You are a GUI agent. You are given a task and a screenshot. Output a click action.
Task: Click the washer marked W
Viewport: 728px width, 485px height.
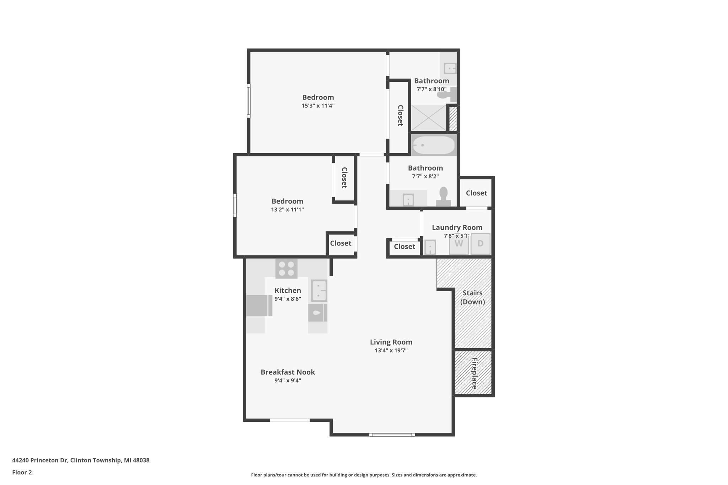coord(459,244)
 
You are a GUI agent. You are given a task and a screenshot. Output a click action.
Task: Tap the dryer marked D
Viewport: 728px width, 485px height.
coord(480,244)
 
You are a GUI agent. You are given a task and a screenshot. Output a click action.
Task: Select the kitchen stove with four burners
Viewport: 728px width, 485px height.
coord(286,269)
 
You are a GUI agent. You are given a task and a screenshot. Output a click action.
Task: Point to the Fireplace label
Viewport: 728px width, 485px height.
coord(474,373)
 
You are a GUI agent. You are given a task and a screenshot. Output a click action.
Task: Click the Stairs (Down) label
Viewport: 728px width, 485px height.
coord(472,297)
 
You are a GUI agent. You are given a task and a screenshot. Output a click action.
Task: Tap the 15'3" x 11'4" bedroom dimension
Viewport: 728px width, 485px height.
coord(318,106)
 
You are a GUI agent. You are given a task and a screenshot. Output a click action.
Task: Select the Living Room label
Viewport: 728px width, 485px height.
coord(391,342)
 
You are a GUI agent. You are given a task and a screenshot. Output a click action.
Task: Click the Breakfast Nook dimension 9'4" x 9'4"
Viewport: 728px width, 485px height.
coord(288,381)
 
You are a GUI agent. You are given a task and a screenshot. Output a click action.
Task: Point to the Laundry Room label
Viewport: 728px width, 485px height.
coord(457,227)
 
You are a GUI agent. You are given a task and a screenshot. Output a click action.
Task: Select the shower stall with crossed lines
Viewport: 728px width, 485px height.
coord(428,118)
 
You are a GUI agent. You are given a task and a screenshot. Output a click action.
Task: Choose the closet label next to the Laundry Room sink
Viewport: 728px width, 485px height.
coord(404,247)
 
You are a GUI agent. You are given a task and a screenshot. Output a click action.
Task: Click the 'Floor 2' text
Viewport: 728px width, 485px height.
coord(22,472)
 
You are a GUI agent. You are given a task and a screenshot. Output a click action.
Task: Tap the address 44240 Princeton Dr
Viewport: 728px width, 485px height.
coord(81,460)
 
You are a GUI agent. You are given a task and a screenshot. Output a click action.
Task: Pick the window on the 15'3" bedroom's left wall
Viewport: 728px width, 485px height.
coord(249,101)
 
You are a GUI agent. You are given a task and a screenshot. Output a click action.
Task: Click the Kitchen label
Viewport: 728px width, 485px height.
coord(288,291)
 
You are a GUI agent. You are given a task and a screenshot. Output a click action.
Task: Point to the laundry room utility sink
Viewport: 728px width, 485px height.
coord(430,247)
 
